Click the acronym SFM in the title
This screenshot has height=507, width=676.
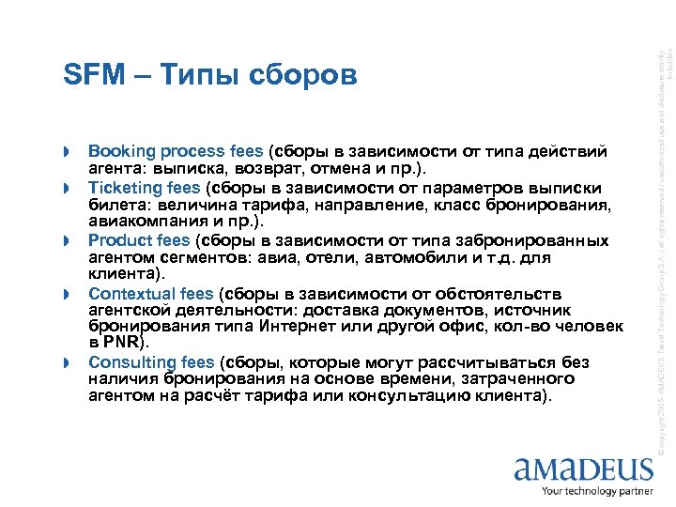coord(92,74)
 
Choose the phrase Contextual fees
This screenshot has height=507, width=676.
coord(150,294)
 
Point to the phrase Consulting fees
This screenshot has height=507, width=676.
coord(150,361)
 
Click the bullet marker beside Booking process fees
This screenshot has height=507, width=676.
coord(68,152)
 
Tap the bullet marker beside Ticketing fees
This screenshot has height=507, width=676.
coord(68,188)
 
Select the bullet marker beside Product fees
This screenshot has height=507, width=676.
coord(68,241)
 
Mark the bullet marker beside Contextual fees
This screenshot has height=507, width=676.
coord(68,295)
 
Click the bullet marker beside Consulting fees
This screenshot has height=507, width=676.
coord(68,362)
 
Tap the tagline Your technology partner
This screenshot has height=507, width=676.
coord(597,492)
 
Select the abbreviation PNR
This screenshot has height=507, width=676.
coord(122,343)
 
